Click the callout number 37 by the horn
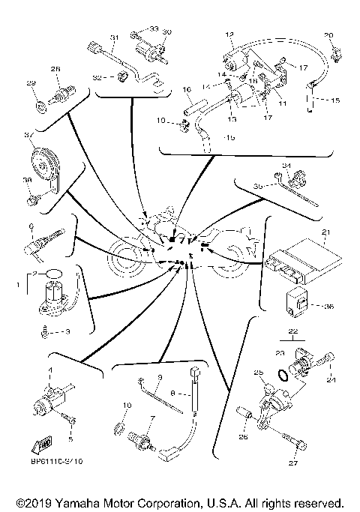point(27,136)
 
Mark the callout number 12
point(229,34)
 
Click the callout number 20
point(328,35)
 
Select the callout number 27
point(293,463)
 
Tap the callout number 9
point(160,377)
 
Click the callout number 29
point(31,82)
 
